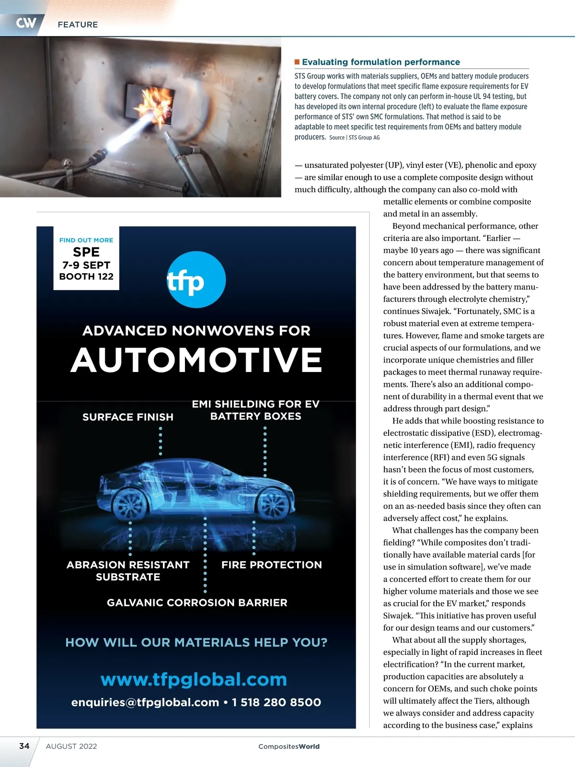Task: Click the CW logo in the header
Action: pos(26,23)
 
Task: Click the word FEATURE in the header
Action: pos(78,24)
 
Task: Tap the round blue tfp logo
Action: pos(196,279)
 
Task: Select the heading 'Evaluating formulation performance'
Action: pos(380,62)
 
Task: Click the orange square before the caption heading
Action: pos(297,62)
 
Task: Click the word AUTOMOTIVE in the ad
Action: pos(196,360)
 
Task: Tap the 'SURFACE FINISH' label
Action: pos(128,417)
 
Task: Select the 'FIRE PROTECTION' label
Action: pos(272,565)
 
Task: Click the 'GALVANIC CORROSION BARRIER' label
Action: pos(197,603)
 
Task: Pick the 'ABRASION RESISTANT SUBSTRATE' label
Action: pos(128,570)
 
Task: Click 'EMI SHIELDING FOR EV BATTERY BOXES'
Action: pos(255,410)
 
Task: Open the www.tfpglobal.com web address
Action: pos(194,679)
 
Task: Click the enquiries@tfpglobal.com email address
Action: pos(145,702)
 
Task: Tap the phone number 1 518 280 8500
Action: pos(276,702)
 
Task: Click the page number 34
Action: pos(24,746)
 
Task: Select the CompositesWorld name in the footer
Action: pos(289,746)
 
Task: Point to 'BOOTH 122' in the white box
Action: pos(86,277)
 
